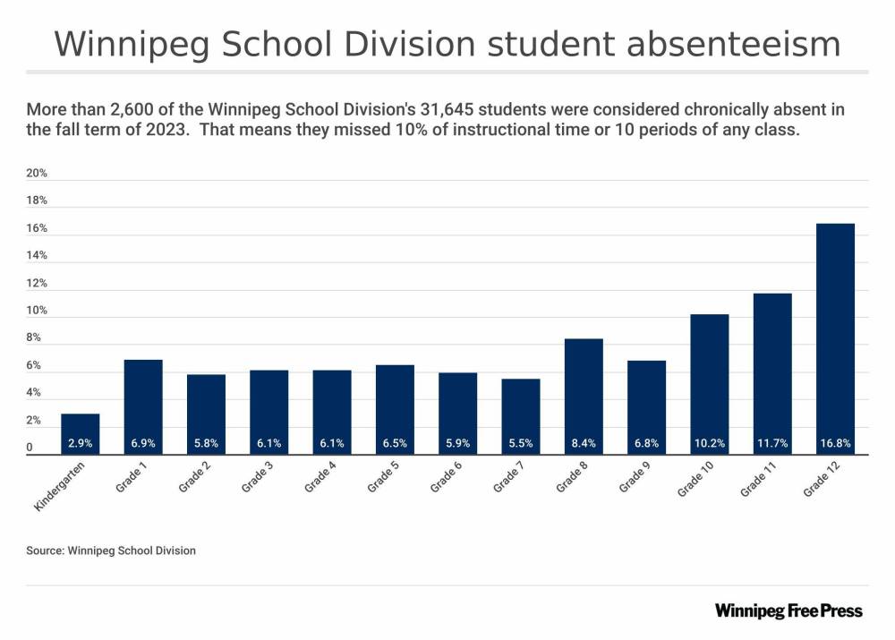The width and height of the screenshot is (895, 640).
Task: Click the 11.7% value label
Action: (772, 443)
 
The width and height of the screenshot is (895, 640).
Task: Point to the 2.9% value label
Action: (81, 443)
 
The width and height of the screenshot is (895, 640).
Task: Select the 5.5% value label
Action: (521, 443)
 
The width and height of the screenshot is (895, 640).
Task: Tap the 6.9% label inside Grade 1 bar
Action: (143, 443)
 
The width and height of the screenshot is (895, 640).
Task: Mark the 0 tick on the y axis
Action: (30, 448)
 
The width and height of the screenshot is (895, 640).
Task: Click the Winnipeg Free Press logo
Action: (788, 610)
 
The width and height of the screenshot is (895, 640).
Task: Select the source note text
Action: (111, 550)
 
